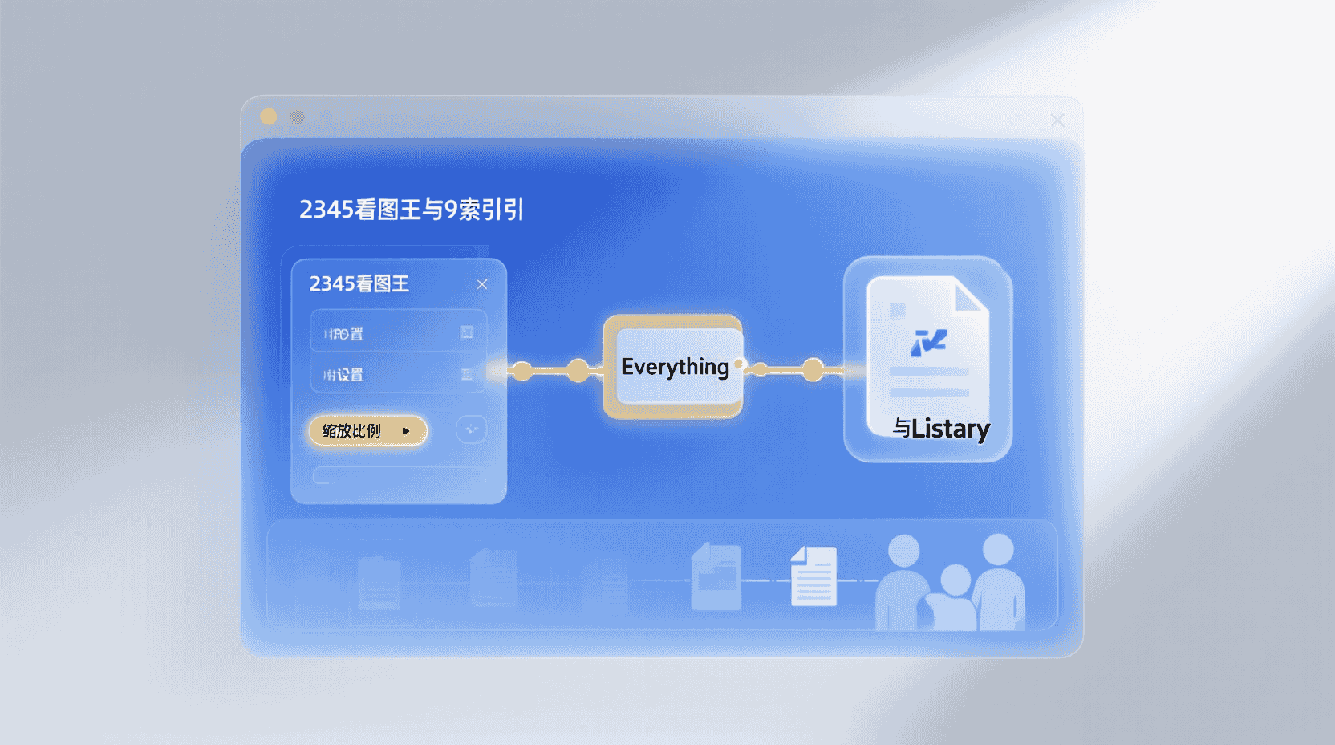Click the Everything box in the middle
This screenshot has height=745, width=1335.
pos(674,367)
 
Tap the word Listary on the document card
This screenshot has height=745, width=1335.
pos(951,429)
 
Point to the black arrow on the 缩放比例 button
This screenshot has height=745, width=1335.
pos(406,431)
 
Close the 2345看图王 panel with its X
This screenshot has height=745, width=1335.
pos(482,284)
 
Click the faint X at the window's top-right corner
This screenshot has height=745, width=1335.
pos(1057,120)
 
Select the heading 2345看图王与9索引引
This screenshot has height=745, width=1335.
pos(412,210)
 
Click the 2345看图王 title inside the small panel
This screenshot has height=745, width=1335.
pos(359,284)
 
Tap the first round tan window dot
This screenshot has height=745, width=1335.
pos(269,117)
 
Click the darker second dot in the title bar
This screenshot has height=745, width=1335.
pos(298,117)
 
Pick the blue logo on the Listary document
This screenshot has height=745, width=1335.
pos(928,342)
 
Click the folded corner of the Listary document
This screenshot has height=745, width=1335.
pos(971,295)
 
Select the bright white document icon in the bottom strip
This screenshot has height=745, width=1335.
pos(814,576)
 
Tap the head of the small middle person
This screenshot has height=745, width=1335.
pos(955,580)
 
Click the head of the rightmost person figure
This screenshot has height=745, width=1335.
pos(998,550)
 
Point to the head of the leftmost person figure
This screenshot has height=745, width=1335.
pos(904,551)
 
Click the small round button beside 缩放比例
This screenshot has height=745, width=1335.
pos(471,429)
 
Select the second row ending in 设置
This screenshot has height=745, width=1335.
pos(398,375)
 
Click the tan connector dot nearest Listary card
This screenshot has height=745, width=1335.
pos(813,370)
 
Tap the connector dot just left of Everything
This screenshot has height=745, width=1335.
pos(578,370)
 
